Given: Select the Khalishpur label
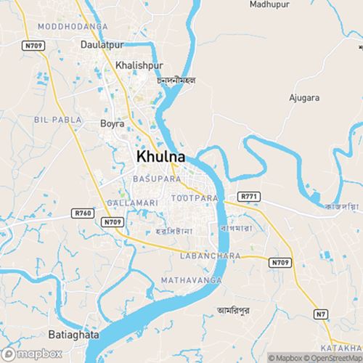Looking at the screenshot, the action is [136, 65].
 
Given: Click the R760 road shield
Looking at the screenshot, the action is [83, 212].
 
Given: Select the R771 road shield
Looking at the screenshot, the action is [248, 196].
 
